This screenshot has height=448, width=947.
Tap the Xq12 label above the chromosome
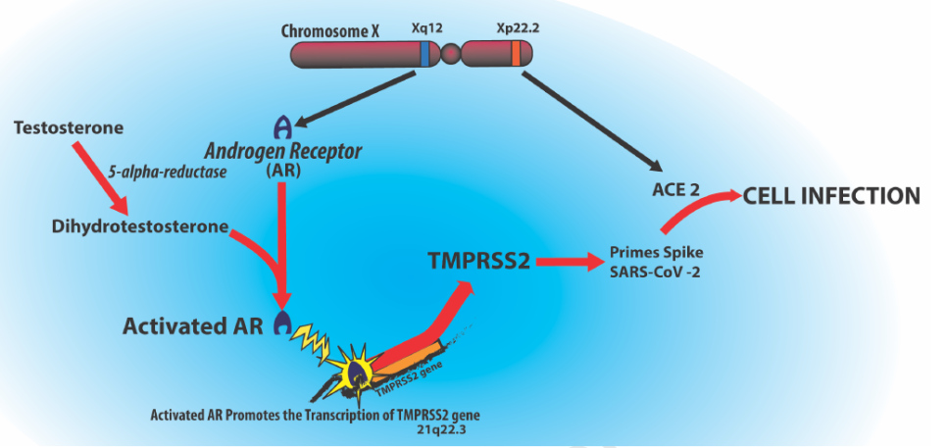click(425, 29)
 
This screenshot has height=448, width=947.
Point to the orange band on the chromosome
click(516, 55)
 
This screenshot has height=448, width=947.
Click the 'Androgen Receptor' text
click(283, 152)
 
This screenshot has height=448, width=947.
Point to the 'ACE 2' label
click(674, 189)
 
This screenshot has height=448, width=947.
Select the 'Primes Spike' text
click(654, 250)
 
